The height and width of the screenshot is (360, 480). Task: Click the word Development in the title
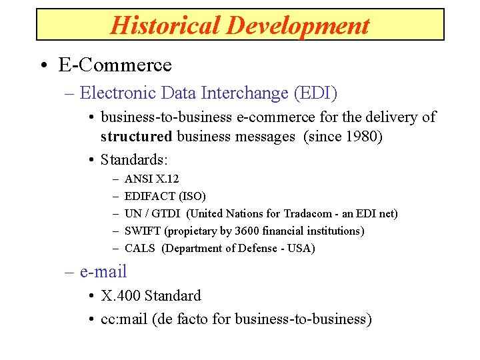(297, 25)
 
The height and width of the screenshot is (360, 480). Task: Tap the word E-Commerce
(115, 65)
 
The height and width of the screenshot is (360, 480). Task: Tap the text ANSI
(139, 179)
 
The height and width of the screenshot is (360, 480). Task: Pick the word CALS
(140, 248)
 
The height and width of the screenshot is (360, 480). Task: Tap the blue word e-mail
(103, 271)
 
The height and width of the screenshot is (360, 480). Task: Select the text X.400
(121, 295)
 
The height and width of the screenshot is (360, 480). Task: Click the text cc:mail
(124, 319)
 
